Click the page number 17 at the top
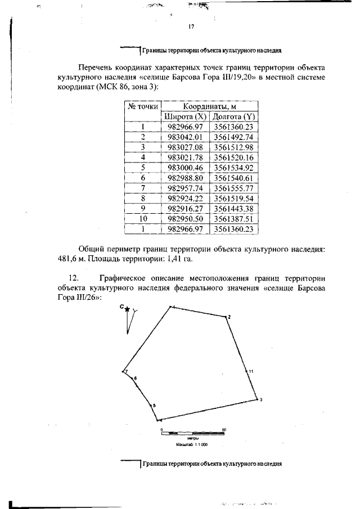[x=191, y=27]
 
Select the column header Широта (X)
[x=185, y=116]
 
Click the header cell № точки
[x=142, y=106]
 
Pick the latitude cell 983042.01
[x=185, y=137]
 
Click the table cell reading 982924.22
[x=185, y=198]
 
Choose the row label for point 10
[x=143, y=218]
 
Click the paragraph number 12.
[x=73, y=278]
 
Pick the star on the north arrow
[x=127, y=309]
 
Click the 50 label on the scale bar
[x=224, y=429]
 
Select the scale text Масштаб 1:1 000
[x=192, y=444]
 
